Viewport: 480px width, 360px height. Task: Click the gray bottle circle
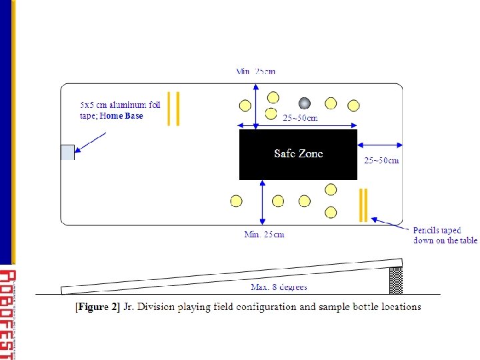tap(305, 103)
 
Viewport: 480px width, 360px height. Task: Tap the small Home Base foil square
tap(67, 152)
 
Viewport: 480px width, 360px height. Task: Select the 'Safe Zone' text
tap(298, 153)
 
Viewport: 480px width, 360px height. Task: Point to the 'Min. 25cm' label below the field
tap(264, 234)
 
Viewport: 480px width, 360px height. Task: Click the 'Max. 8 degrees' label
tap(279, 287)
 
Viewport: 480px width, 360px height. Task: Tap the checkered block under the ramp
tap(396, 280)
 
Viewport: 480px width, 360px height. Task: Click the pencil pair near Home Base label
tap(173, 108)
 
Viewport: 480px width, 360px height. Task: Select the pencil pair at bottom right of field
tap(363, 205)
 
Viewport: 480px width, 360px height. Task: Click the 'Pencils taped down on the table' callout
tap(445, 235)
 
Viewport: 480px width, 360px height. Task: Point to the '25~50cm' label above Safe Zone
tap(300, 118)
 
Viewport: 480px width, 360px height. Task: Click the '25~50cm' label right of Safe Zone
tap(381, 160)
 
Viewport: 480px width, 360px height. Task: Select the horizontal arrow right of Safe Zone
tap(379, 144)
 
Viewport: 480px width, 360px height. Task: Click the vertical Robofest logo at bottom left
tap(7, 313)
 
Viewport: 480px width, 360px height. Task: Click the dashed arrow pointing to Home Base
tap(91, 143)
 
